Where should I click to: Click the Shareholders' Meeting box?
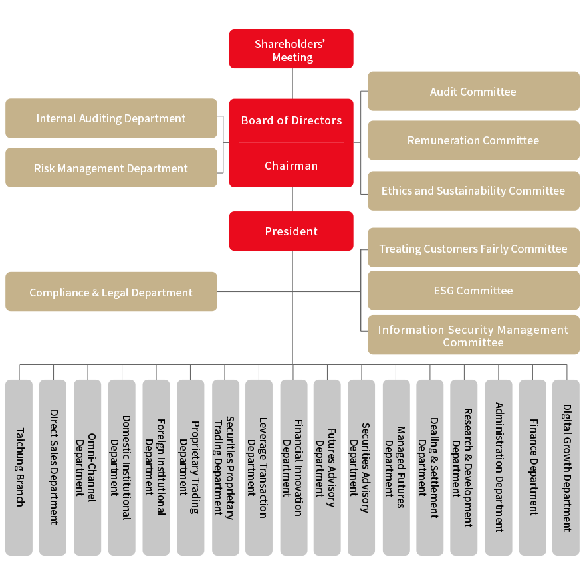[291, 50]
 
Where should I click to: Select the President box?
[291, 231]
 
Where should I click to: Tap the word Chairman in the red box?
[291, 166]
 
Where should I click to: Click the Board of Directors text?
[291, 120]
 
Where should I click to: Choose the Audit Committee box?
[473, 92]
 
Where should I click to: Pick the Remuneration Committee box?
[473, 140]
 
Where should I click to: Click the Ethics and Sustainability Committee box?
[473, 191]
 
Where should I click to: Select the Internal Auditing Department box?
[111, 118]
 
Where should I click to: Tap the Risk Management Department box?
[111, 168]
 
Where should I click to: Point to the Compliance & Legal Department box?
[111, 292]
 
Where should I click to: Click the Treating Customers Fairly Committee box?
[473, 249]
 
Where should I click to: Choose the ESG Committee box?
[473, 291]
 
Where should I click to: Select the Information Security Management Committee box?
[473, 336]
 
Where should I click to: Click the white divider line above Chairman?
[291, 142]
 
